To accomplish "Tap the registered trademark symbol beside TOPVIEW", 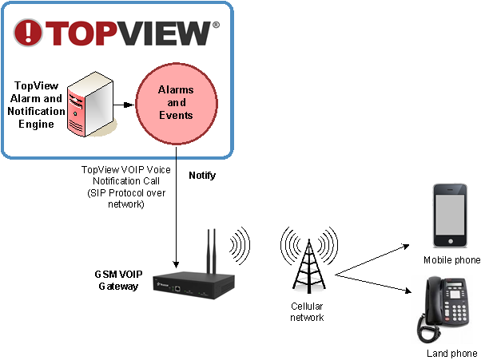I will click(x=216, y=25).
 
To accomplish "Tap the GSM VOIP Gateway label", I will click(x=118, y=280).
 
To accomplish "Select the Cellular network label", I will click(x=307, y=312).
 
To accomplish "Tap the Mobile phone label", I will click(x=452, y=260).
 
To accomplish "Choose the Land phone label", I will click(x=452, y=352).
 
